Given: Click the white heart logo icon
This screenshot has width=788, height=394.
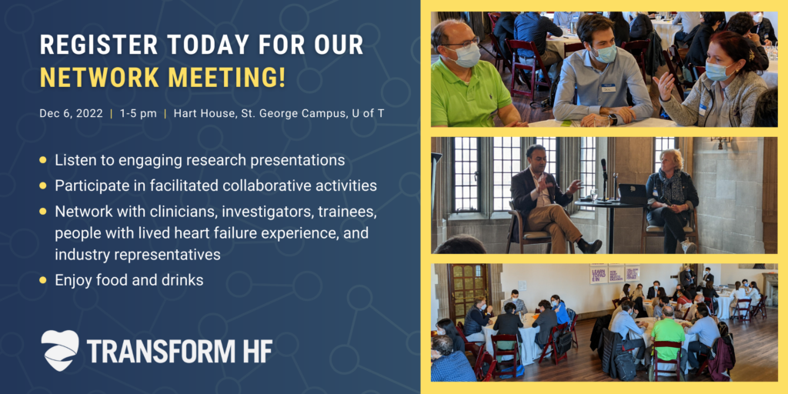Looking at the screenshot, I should pyautogui.click(x=59, y=350).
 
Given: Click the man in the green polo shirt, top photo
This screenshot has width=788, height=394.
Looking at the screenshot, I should pyautogui.click(x=466, y=85).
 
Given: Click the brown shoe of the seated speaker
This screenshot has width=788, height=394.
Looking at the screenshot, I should pyautogui.click(x=589, y=245).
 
